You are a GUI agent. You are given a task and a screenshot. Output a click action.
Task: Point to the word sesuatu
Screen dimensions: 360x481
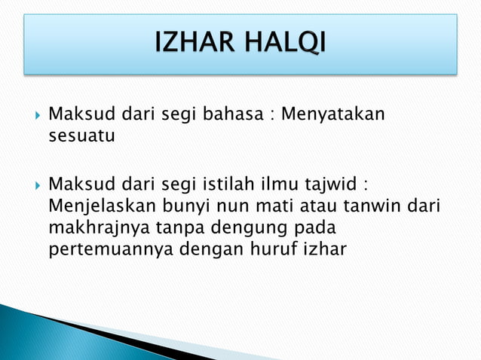(x=81, y=137)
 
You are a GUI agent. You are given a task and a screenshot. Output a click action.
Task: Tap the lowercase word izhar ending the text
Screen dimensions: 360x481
(x=323, y=249)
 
